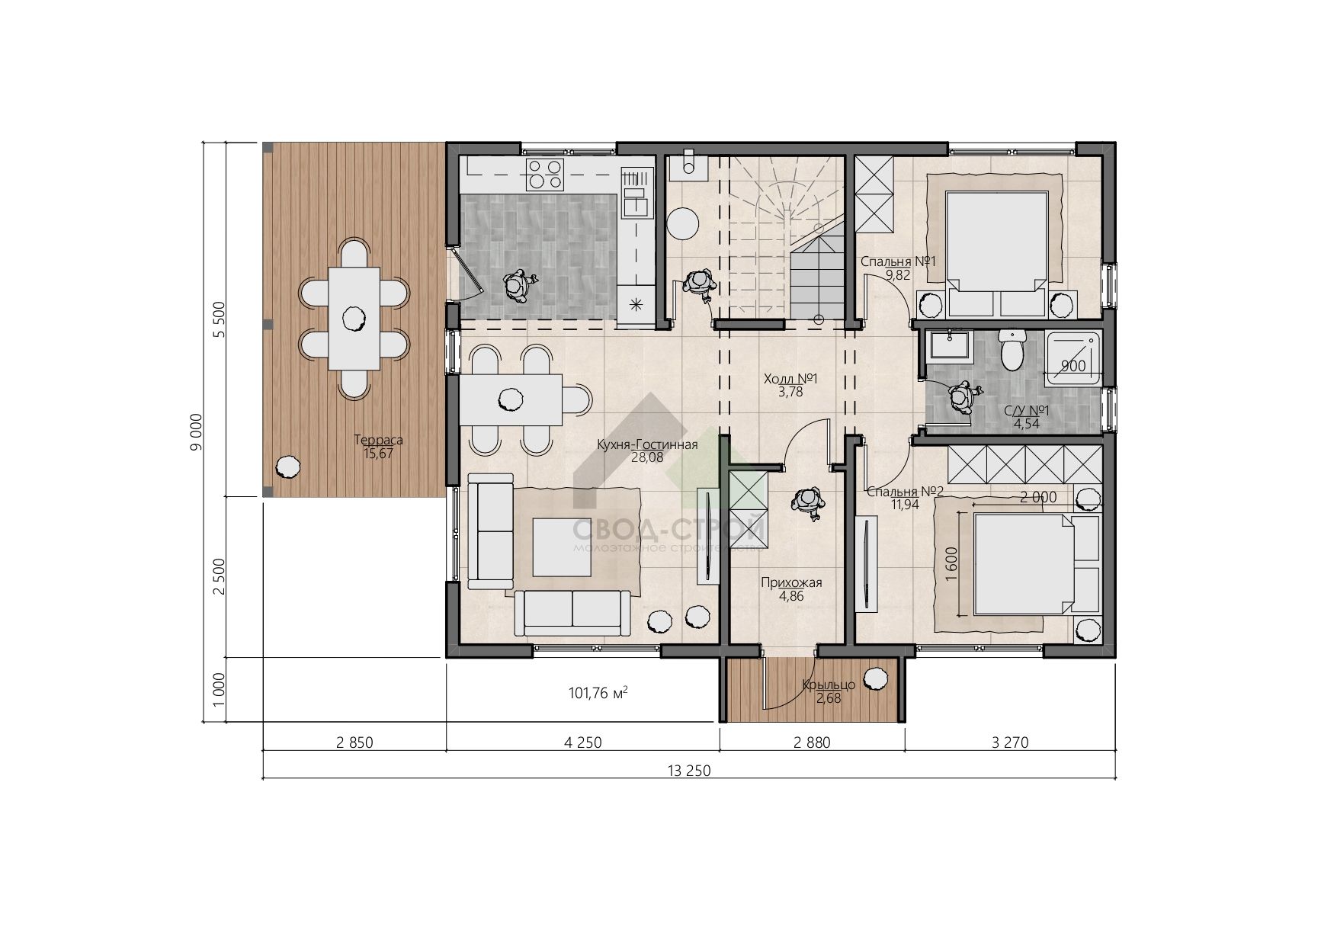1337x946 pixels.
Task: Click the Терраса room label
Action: coord(378,440)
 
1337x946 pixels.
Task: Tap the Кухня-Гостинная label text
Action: coord(647,445)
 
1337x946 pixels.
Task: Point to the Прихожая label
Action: coord(791,583)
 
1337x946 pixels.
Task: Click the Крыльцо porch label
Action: coord(829,685)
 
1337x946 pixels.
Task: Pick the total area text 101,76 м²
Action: coord(598,694)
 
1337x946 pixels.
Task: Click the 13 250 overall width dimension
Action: coord(689,771)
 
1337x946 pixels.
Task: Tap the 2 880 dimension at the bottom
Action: coord(812,742)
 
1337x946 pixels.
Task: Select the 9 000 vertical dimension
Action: coord(196,431)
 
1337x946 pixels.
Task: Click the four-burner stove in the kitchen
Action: coord(544,174)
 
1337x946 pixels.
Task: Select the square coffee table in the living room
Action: coord(563,547)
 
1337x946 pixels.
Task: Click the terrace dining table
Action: coord(354,319)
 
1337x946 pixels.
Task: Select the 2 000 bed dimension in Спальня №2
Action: coord(1038,497)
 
